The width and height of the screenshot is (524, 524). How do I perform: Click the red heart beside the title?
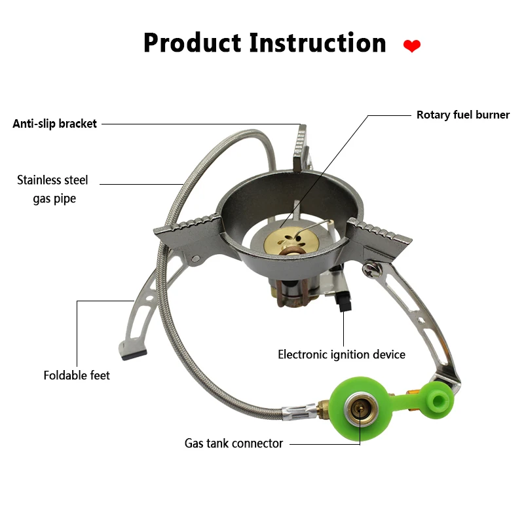point(411,46)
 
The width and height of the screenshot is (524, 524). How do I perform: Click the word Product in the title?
point(192,43)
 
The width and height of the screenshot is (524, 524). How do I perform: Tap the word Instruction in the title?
point(318,43)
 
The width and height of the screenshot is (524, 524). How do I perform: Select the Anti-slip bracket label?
point(55,124)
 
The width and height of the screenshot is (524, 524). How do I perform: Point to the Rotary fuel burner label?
point(462,115)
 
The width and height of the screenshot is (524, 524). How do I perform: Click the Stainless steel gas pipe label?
point(53,189)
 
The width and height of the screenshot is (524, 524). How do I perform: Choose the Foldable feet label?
point(77,375)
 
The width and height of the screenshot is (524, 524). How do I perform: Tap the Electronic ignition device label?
point(341,354)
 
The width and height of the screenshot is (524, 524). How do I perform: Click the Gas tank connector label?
point(233,443)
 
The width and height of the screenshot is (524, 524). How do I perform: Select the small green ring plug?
point(433,397)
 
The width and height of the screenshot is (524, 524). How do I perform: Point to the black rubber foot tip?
point(127,356)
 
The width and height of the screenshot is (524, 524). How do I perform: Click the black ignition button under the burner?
point(342,302)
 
